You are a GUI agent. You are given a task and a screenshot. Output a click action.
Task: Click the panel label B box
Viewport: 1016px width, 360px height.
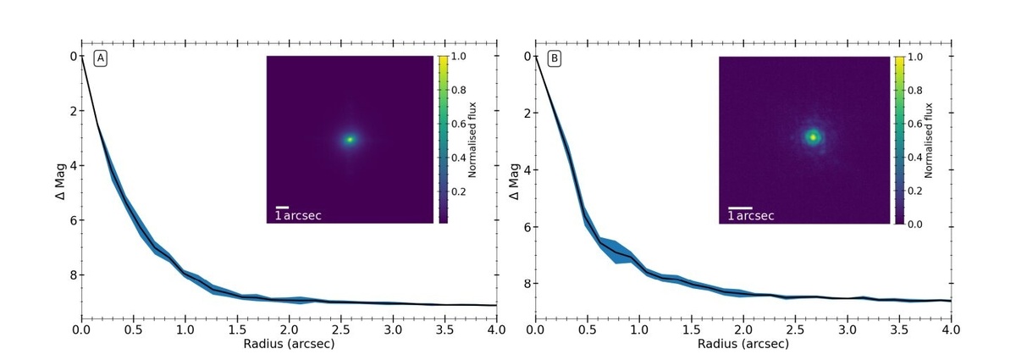coord(555,58)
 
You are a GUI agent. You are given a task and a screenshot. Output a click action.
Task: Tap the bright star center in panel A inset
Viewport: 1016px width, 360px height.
coord(350,140)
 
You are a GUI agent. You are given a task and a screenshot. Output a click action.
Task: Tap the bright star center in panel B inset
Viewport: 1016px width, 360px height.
coord(813,136)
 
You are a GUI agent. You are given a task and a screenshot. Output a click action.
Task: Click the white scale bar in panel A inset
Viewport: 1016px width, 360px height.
coord(283,207)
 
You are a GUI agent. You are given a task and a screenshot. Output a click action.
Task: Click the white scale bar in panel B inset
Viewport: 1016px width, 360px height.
coord(741,207)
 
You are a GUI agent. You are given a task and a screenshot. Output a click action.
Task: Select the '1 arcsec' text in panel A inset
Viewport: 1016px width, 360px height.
coord(299,216)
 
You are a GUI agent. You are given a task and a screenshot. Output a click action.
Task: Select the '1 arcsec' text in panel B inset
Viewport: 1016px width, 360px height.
coord(751,216)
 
